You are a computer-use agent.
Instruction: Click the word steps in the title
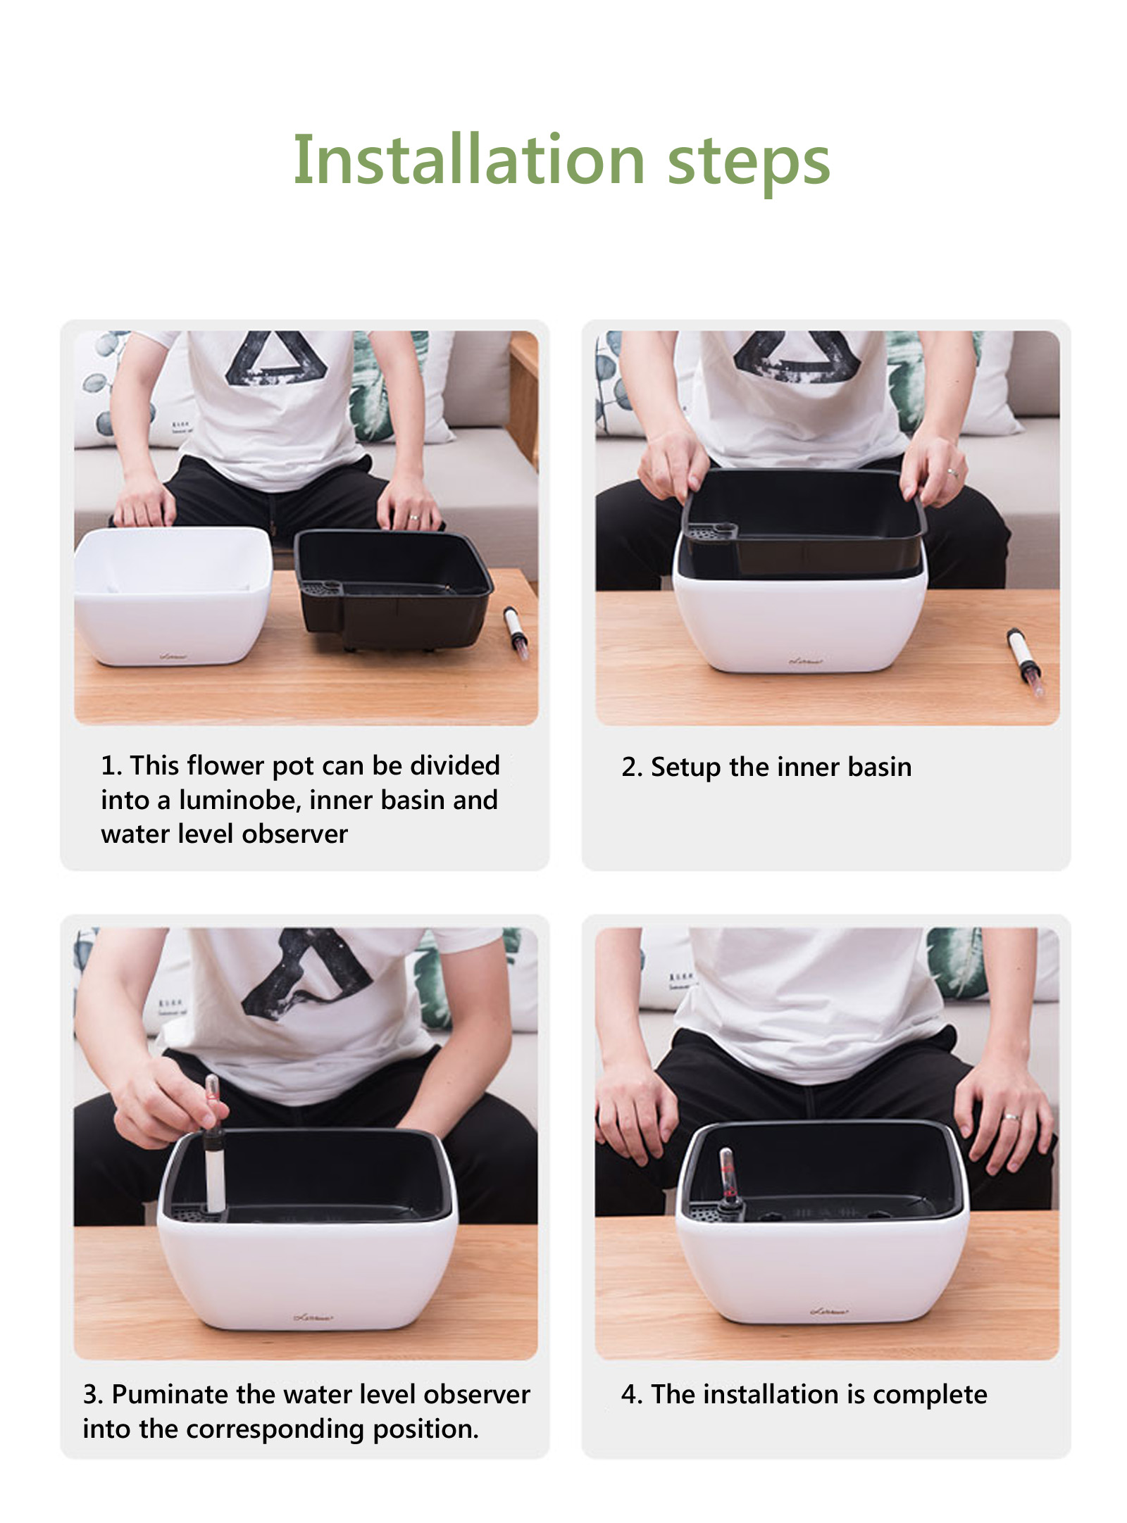pyautogui.click(x=748, y=163)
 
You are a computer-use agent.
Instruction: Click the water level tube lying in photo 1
pyautogui.click(x=516, y=633)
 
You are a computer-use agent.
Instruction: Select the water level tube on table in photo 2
pyautogui.click(x=1024, y=662)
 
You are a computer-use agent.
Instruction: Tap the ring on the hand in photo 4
pyautogui.click(x=1011, y=1117)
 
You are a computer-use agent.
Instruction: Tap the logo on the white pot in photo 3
pyautogui.click(x=313, y=1317)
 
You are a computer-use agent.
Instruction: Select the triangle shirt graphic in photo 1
pyautogui.click(x=278, y=358)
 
